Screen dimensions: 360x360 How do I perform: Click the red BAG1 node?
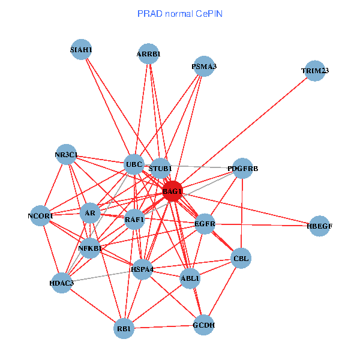[172, 191]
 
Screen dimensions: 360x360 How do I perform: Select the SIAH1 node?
[80, 49]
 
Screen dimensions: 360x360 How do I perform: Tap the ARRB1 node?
[148, 54]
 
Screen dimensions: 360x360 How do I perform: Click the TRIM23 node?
[315, 71]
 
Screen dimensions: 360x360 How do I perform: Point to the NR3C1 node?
[66, 155]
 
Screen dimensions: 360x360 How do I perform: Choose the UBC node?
[134, 164]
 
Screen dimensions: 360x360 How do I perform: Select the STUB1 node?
[160, 168]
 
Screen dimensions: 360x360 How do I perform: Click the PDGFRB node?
[242, 169]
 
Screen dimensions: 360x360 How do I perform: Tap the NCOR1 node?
[40, 215]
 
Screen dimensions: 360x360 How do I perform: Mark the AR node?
[90, 213]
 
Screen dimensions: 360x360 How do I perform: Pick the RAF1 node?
[135, 220]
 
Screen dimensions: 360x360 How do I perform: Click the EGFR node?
[205, 224]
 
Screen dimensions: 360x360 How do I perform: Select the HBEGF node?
[319, 226]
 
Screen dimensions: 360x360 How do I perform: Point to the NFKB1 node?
[90, 248]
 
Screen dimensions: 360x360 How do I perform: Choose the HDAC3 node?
[62, 283]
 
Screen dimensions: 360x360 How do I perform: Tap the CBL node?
[241, 259]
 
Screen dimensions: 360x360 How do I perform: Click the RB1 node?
[124, 328]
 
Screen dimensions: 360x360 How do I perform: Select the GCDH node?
[203, 325]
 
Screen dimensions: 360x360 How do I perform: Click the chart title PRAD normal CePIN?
[180, 13]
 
